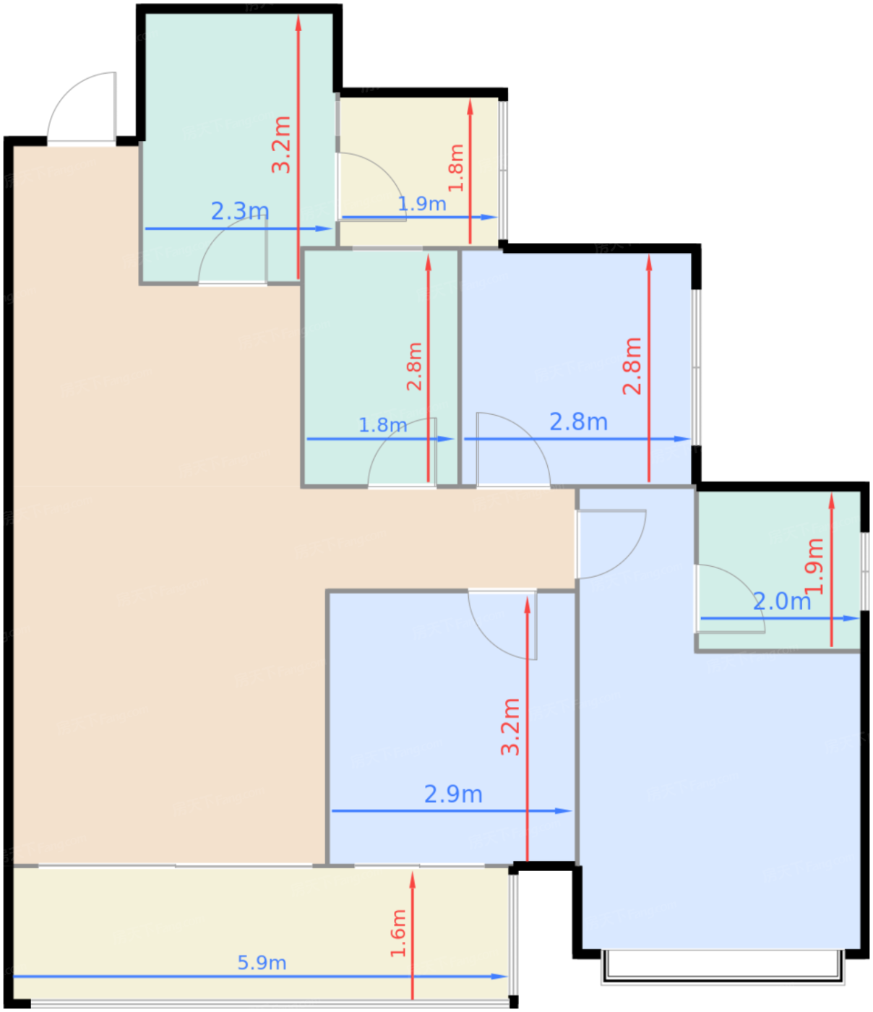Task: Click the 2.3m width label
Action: tap(240, 212)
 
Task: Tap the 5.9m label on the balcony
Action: tap(262, 963)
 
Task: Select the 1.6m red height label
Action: tap(398, 933)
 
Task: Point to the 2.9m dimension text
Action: tap(453, 794)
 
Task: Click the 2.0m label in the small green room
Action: tap(781, 601)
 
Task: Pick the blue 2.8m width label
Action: tap(578, 421)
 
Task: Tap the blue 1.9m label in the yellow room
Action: tap(422, 204)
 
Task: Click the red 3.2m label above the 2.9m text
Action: tap(511, 726)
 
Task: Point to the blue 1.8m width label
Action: tap(383, 425)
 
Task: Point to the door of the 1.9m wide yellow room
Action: tap(370, 186)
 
